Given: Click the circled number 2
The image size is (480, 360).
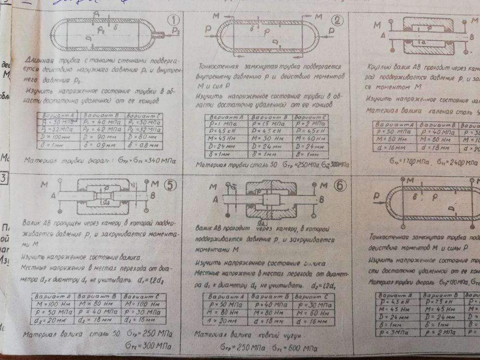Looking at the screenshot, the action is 337,20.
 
